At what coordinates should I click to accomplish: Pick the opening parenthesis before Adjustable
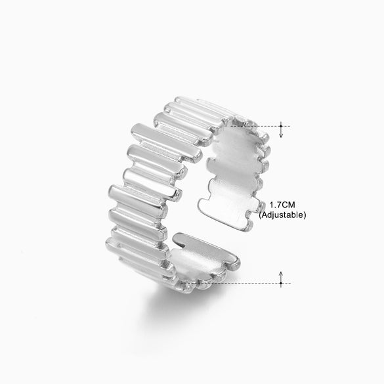pos(261,215)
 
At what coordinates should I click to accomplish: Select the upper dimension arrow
pos(281,130)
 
